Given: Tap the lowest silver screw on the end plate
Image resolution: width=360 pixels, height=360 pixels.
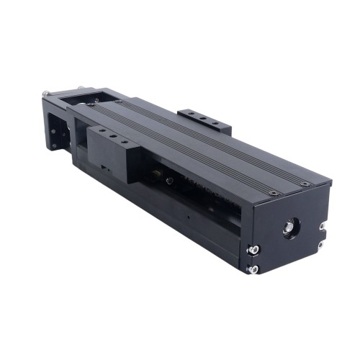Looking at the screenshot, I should pos(253,269).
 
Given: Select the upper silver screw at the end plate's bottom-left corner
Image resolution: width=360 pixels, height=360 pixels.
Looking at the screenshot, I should pos(253,249).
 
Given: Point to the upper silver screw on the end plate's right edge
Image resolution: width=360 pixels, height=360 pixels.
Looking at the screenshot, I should pos(321,226).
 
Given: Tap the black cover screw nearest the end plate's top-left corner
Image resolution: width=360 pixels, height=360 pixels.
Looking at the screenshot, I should pos(274,193).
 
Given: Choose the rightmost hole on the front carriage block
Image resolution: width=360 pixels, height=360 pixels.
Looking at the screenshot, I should pos(126,143).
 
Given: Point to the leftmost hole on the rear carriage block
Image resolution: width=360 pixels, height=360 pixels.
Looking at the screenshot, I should pos(191,112).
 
